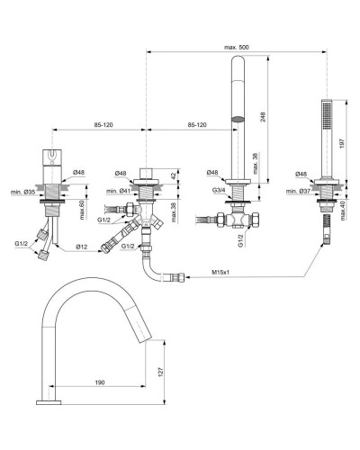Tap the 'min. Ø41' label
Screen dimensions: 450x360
pos(117,191)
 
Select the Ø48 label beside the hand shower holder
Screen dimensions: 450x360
pos(301,173)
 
